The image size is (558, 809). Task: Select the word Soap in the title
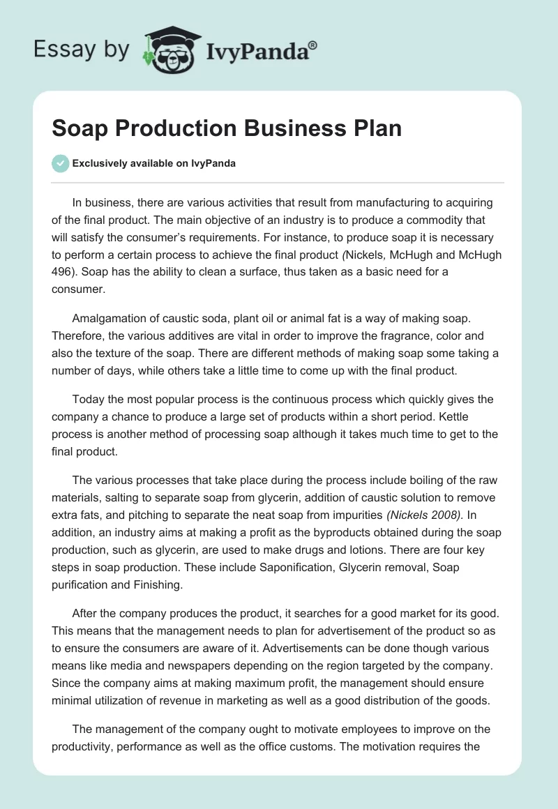[78, 130]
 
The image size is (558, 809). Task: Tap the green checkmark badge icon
[60, 163]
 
